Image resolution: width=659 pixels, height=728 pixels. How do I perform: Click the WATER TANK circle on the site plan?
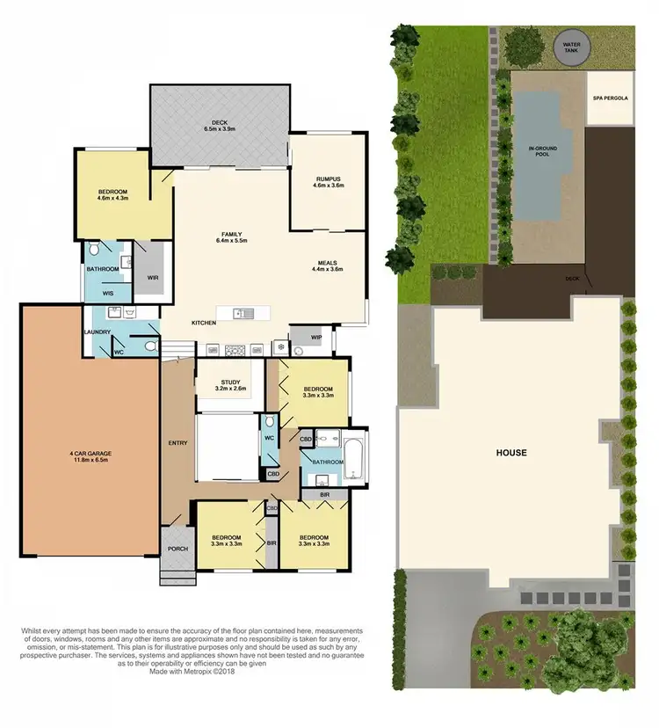click(572, 47)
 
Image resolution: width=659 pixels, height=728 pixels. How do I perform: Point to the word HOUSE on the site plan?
click(511, 453)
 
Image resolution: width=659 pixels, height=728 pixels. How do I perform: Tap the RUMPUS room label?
click(329, 179)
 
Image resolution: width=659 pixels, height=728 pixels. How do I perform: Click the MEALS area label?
click(329, 263)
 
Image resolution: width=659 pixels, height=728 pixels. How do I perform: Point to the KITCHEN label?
click(204, 324)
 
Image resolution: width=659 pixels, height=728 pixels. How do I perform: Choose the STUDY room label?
click(231, 382)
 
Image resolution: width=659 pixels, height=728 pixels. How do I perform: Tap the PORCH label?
click(177, 549)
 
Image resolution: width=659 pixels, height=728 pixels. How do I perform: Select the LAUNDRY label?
click(96, 331)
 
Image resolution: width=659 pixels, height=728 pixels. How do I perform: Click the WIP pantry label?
click(304, 334)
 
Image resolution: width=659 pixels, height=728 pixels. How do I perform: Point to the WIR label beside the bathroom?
click(152, 277)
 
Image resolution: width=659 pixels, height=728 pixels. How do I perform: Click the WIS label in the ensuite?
click(108, 293)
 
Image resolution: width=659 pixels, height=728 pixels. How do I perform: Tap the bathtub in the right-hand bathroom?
click(355, 457)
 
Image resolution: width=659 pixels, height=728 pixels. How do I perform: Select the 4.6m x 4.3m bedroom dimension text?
click(112, 199)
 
